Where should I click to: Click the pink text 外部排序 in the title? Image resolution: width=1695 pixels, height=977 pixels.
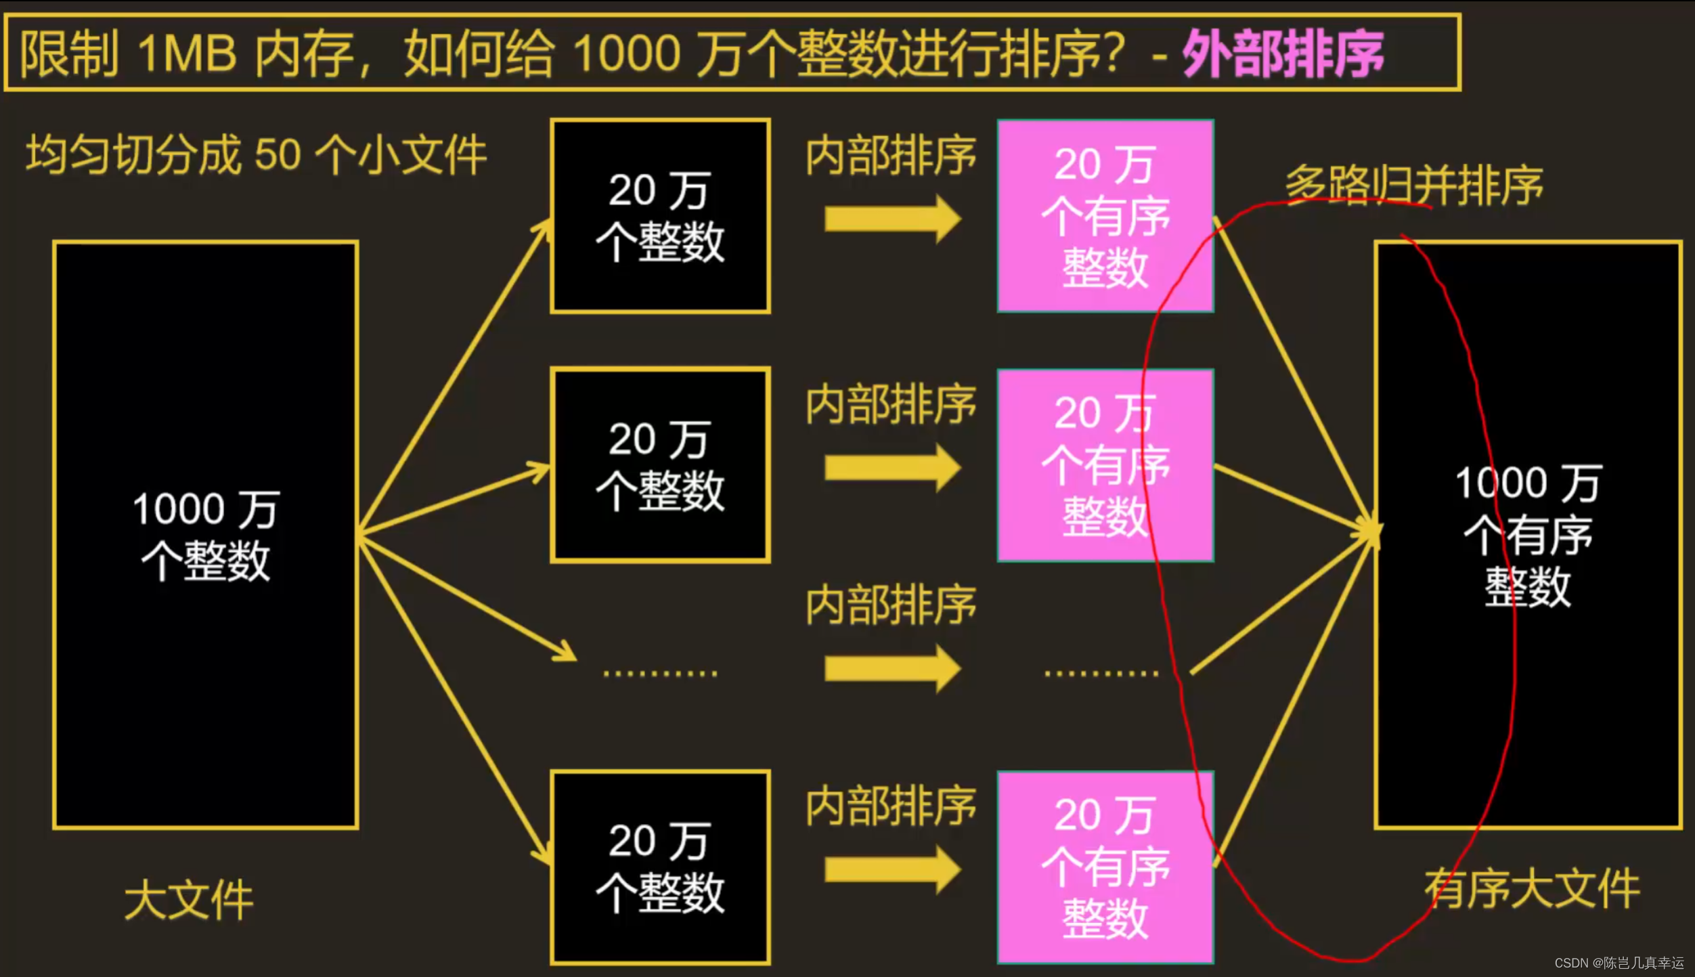1283,54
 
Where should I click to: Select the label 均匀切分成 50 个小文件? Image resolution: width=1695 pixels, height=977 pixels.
256,154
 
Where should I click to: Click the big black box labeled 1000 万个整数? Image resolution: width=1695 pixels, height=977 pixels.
206,535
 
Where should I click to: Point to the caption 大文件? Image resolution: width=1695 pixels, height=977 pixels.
188,900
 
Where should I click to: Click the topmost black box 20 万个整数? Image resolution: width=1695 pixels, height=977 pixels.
660,216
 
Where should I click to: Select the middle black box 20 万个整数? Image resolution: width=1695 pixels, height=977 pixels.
660,465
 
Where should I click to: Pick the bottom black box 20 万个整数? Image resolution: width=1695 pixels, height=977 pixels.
660,867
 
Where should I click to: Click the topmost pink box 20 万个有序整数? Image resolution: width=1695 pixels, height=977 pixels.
1105,216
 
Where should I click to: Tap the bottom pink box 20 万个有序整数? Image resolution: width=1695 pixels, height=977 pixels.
1105,867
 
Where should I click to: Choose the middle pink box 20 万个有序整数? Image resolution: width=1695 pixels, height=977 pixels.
1105,465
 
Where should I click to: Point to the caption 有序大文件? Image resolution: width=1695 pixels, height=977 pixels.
1531,888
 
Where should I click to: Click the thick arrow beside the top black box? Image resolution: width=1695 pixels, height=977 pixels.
892,219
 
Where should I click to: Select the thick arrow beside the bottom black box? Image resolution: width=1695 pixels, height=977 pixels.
892,869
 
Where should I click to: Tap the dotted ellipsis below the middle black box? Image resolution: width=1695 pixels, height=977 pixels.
660,673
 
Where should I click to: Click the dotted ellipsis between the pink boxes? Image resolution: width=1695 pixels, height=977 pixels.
1101,673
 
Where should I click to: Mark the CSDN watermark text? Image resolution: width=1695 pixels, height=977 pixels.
1619,963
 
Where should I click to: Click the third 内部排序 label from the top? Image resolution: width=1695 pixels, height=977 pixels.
891,605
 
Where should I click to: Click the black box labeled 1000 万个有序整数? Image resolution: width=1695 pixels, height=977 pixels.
1528,535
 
